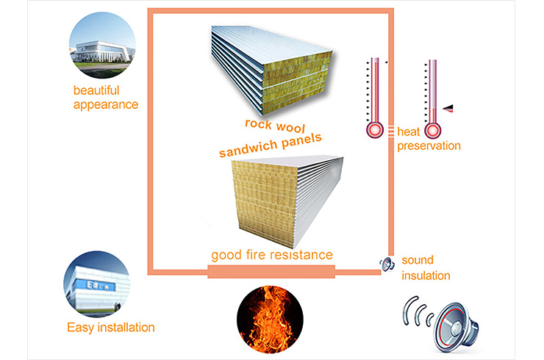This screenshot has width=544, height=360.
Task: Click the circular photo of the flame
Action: [270, 320]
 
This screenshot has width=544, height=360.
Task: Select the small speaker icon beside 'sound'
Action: [387, 264]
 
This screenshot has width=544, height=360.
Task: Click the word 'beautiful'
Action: [96, 90]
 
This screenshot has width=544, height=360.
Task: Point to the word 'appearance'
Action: [105, 105]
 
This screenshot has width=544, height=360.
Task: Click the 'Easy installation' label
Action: [111, 328]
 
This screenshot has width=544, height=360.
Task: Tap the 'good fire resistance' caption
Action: [272, 255]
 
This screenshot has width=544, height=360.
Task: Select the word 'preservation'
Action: [429, 146]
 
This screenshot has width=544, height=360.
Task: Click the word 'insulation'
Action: [426, 276]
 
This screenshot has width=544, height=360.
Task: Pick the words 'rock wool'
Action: [275, 126]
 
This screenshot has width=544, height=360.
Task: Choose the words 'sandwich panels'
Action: [271, 145]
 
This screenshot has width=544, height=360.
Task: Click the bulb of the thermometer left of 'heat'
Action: [375, 130]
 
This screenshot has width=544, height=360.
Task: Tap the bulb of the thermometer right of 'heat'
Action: [433, 131]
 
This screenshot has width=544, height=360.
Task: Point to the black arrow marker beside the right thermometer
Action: [448, 108]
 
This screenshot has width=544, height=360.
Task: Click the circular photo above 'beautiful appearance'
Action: [102, 45]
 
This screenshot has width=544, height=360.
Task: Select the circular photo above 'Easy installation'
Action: [97, 284]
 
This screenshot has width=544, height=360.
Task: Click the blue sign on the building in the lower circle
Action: [100, 285]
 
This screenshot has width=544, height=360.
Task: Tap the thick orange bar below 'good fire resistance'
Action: [271, 272]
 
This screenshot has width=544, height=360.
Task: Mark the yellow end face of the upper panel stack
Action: [297, 87]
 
